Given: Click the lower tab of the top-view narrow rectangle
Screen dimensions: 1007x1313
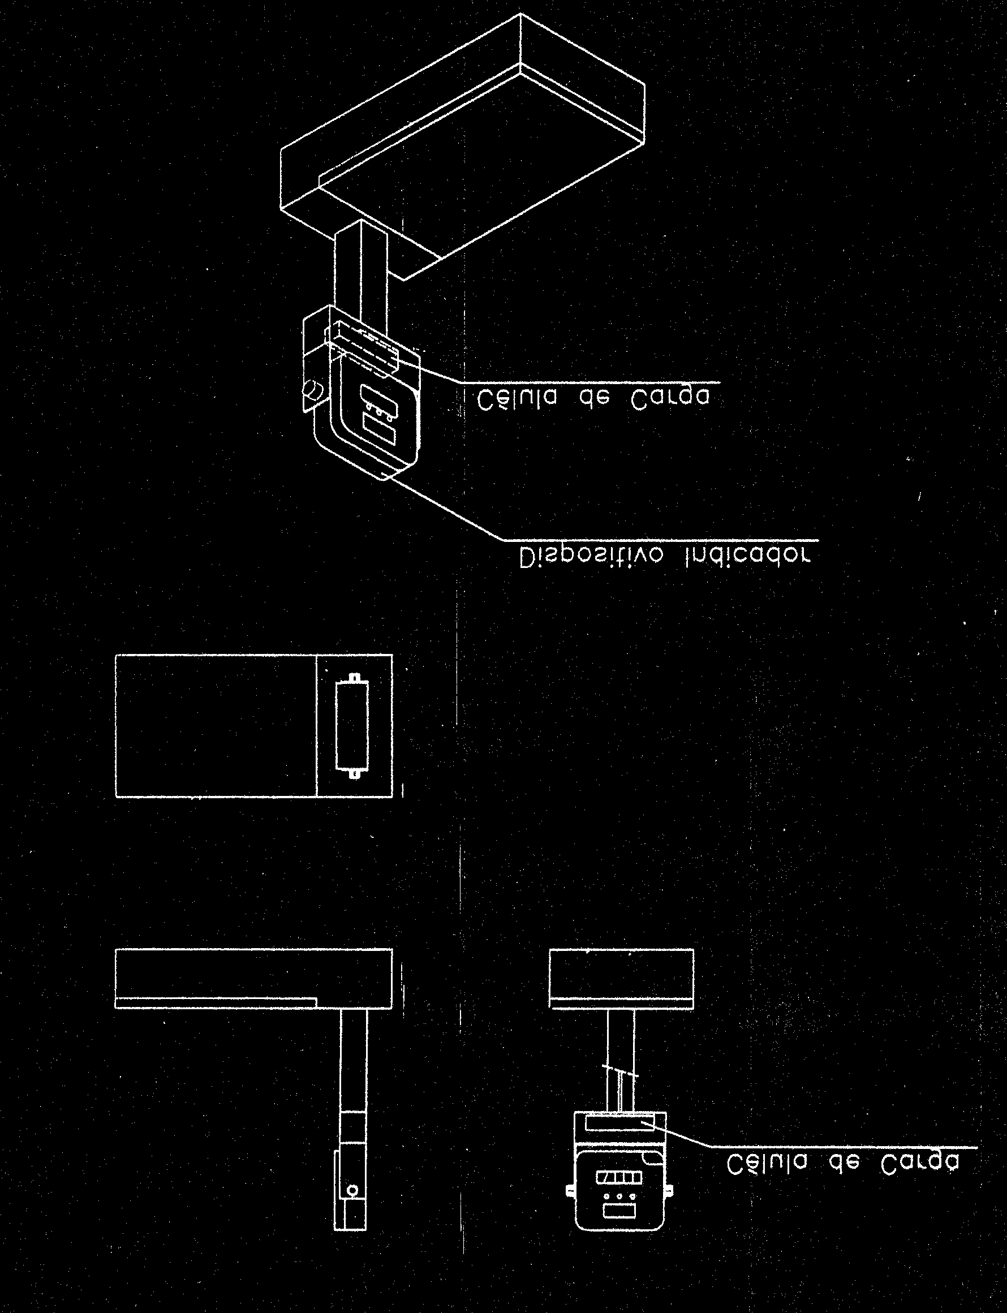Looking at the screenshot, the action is coord(354,774).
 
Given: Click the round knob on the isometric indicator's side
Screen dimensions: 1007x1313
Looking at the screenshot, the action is coord(312,390).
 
